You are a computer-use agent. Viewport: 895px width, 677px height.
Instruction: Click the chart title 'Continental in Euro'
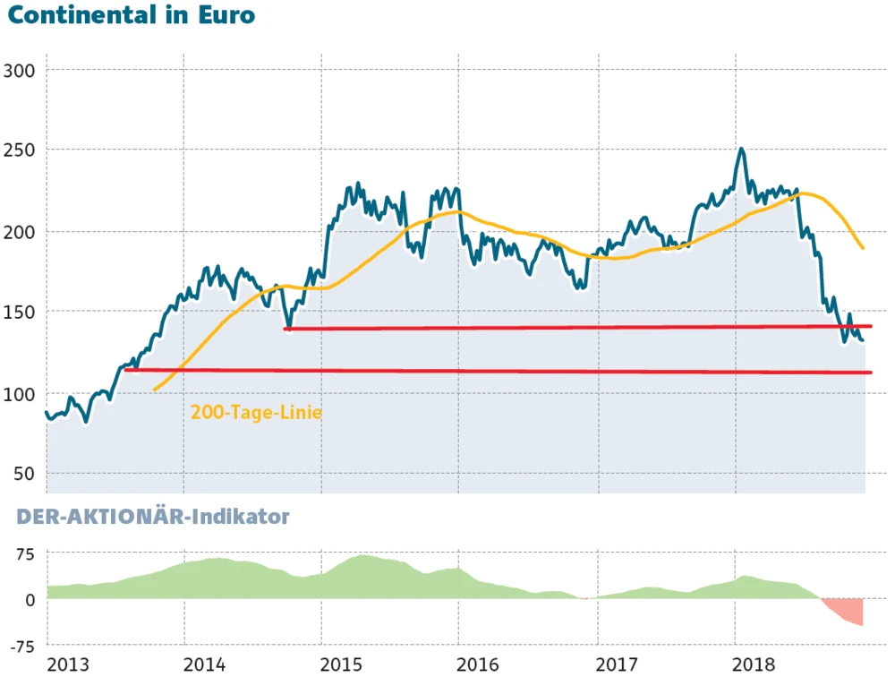pyautogui.click(x=131, y=16)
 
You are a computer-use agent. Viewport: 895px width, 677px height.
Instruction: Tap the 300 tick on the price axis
pyautogui.click(x=20, y=70)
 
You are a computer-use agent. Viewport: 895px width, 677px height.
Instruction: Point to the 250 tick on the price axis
pyautogui.click(x=20, y=150)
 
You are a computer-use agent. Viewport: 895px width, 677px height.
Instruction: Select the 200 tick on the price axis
pyautogui.click(x=20, y=232)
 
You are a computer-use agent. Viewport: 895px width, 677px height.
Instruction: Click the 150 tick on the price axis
pyautogui.click(x=20, y=312)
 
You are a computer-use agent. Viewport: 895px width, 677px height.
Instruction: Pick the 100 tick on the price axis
pyautogui.click(x=20, y=393)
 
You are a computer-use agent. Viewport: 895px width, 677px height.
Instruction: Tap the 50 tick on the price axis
pyautogui.click(x=24, y=473)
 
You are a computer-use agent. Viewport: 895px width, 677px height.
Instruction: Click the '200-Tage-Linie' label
pyautogui.click(x=256, y=413)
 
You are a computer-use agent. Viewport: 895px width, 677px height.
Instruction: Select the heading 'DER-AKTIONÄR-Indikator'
pyautogui.click(x=149, y=517)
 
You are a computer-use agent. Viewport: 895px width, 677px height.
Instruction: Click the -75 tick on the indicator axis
pyautogui.click(x=21, y=646)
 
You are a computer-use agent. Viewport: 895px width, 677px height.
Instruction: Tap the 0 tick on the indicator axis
pyautogui.click(x=30, y=599)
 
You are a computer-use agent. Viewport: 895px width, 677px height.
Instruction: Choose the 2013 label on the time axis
pyautogui.click(x=69, y=664)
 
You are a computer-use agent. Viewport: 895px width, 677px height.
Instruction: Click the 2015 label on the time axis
pyautogui.click(x=345, y=664)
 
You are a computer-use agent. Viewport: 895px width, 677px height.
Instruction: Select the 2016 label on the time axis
pyautogui.click(x=482, y=664)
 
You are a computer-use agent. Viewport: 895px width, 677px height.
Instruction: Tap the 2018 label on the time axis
pyautogui.click(x=757, y=664)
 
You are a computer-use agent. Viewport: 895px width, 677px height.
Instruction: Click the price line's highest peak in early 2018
pyautogui.click(x=741, y=150)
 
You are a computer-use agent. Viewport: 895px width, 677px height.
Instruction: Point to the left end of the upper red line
pyautogui.click(x=286, y=329)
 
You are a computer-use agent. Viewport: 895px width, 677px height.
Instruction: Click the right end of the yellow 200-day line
pyautogui.click(x=863, y=248)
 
